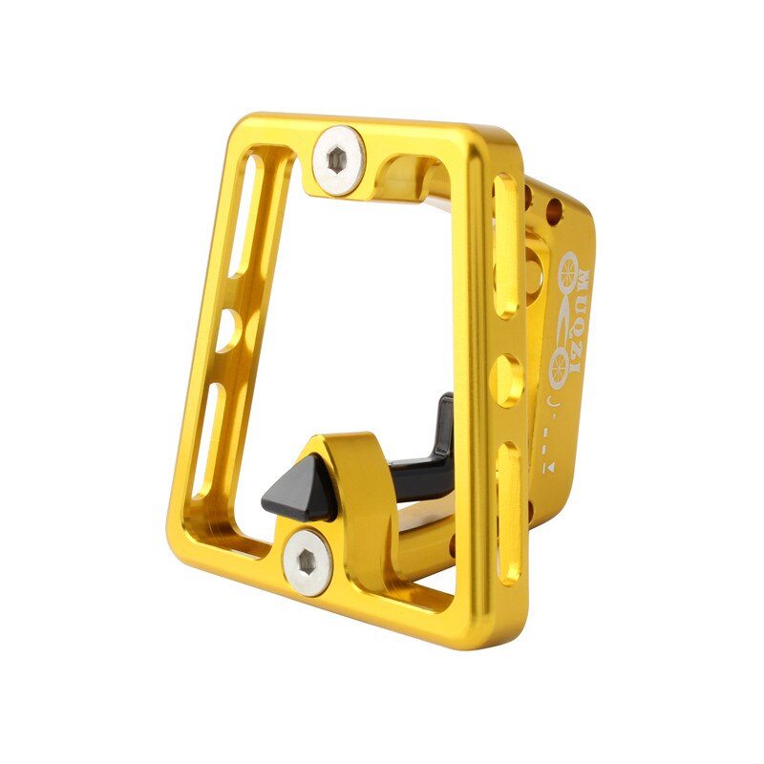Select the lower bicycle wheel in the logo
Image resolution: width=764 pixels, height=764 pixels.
pyautogui.click(x=560, y=368)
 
